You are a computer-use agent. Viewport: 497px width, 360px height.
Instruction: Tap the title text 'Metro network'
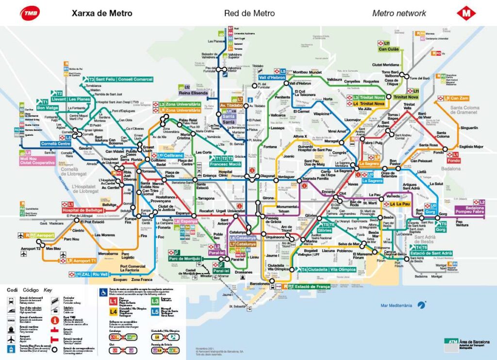399,14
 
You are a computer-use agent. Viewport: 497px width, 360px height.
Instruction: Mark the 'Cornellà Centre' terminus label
55,144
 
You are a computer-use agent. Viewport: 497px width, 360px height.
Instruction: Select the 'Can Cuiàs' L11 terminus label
389,49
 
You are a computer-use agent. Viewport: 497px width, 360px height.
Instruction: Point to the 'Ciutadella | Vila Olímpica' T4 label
332,269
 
